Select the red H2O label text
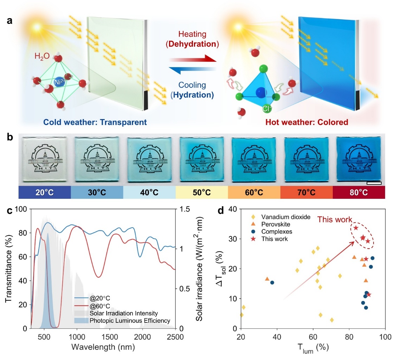click(x=42, y=56)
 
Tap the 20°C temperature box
click(x=45, y=192)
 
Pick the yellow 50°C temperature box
click(x=202, y=192)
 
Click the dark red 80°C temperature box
click(x=359, y=192)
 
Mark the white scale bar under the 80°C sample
click(x=374, y=183)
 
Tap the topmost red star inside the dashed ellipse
click(x=356, y=228)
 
